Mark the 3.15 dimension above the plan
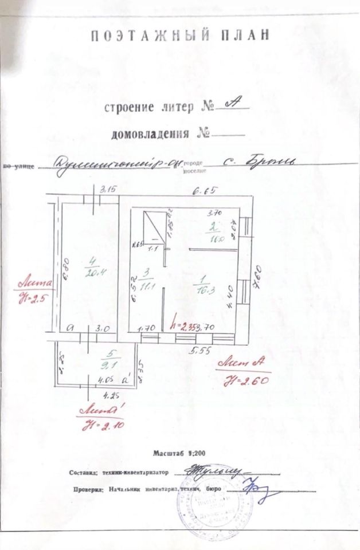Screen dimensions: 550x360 point(108,189)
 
